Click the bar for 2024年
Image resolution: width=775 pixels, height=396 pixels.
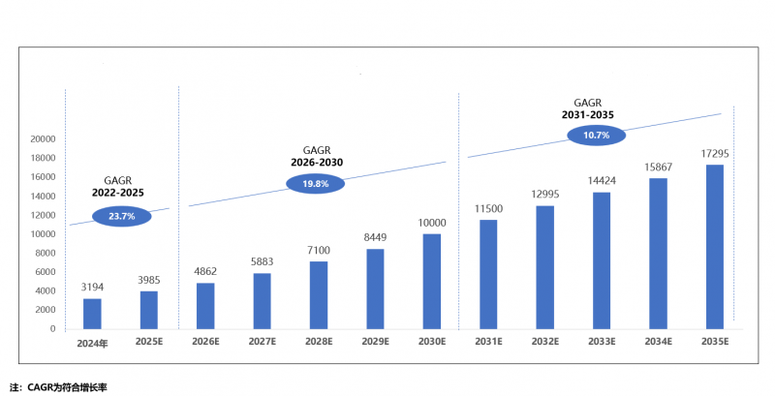[92, 314]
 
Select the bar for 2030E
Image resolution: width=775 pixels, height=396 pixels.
[431, 281]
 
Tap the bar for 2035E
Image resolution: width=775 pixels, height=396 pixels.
[714, 247]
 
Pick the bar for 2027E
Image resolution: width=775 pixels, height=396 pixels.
[262, 301]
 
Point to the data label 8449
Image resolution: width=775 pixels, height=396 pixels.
[375, 238]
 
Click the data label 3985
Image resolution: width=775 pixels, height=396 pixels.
[149, 281]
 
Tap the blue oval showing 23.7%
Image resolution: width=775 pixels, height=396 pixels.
[122, 216]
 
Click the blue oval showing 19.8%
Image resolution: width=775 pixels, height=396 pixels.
[315, 183]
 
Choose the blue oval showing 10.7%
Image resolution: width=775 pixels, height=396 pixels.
[597, 135]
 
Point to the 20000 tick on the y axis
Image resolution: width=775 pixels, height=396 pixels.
[43, 139]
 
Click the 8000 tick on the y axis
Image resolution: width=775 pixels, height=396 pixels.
[46, 253]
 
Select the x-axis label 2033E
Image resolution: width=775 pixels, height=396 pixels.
[601, 342]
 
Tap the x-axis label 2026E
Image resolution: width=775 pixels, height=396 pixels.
[205, 342]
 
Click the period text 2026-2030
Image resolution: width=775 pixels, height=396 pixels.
[317, 162]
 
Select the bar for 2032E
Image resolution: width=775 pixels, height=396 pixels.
[544, 267]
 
